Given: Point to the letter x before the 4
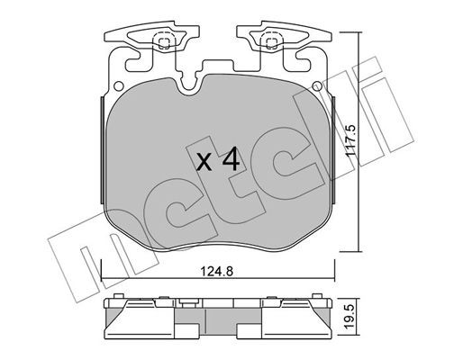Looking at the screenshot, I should (204, 164).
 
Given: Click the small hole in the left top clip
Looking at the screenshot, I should (162, 40).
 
